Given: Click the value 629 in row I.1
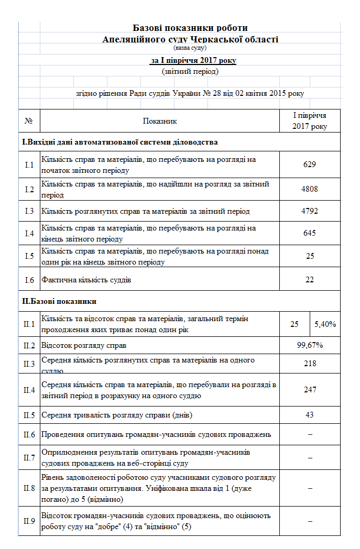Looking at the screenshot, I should click(x=310, y=164).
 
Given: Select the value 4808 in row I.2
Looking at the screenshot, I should click(x=310, y=189).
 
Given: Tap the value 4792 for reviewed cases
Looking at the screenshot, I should click(x=310, y=212).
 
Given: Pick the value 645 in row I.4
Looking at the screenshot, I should click(x=310, y=233).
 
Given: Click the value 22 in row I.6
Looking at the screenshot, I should click(x=310, y=280).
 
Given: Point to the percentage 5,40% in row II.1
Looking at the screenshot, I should click(x=325, y=324).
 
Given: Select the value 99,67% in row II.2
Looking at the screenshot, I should click(x=310, y=345).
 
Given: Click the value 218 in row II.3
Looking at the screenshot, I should click(x=310, y=363).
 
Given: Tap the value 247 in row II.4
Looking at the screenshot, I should click(x=310, y=389).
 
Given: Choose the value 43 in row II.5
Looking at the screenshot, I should click(x=310, y=414).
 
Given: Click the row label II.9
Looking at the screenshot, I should click(x=29, y=521).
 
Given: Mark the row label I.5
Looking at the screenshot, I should click(x=29, y=256).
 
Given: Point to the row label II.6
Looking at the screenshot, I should click(x=29, y=434).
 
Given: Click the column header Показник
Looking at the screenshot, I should click(x=160, y=121).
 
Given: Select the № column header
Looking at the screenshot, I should click(x=29, y=121).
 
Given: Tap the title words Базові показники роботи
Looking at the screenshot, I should click(x=190, y=28).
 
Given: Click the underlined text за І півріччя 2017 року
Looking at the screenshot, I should click(x=193, y=61).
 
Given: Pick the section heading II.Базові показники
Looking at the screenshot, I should click(x=59, y=301).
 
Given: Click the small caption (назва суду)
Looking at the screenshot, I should click(x=190, y=48).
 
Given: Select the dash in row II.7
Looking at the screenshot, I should click(x=310, y=458).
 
